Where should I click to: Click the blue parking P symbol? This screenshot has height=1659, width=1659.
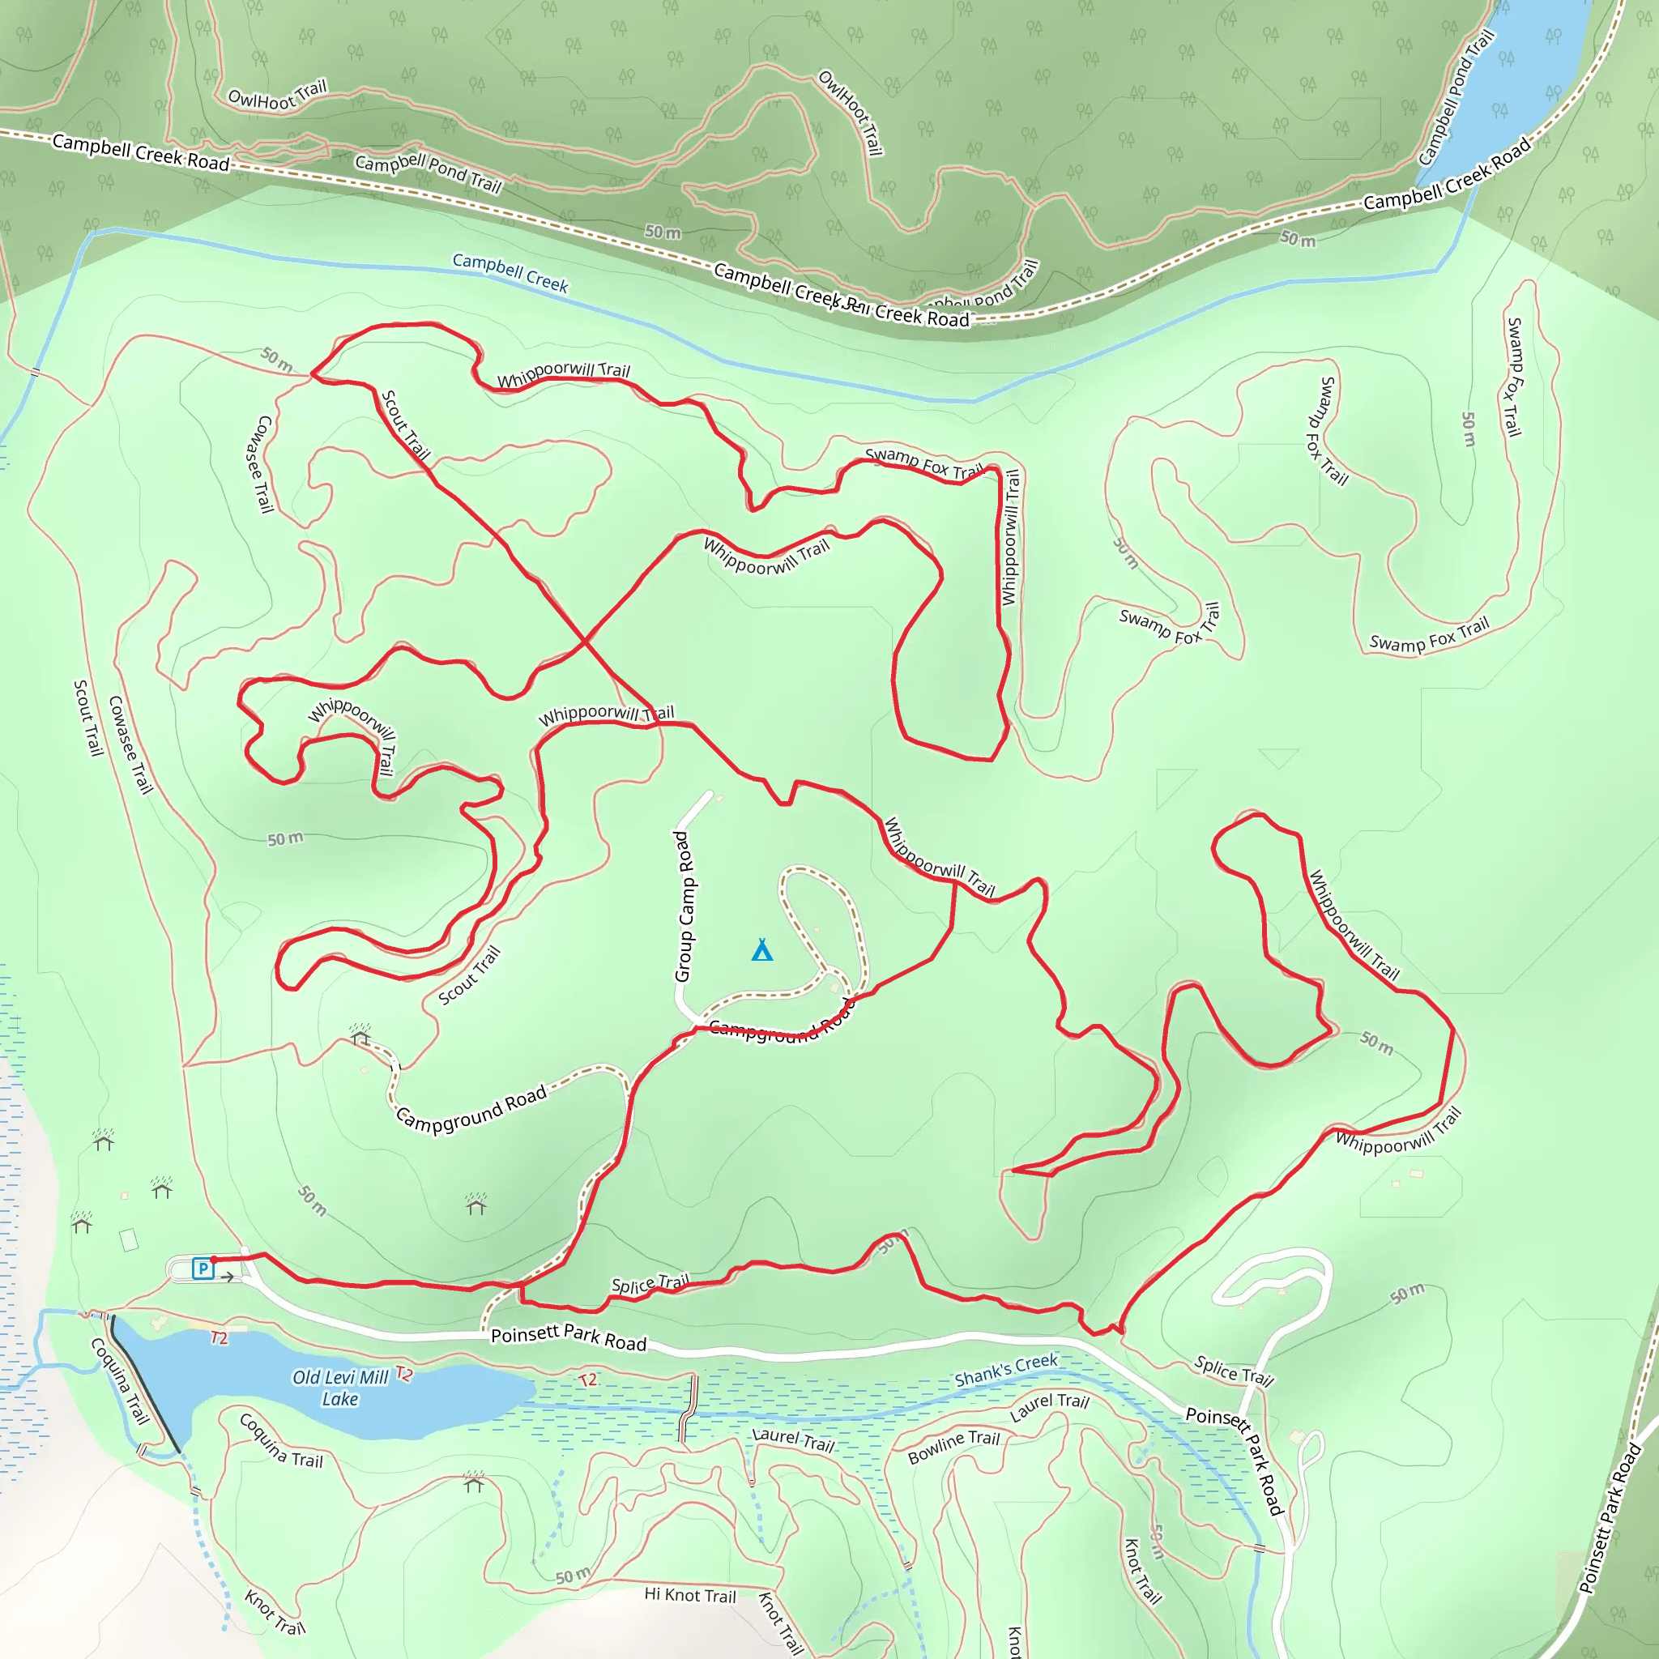coord(203,1269)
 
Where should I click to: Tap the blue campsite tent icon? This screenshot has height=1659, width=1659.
coord(761,949)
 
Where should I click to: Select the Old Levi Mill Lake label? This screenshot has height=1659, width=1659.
coord(341,1388)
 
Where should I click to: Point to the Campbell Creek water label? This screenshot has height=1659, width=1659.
coord(510,272)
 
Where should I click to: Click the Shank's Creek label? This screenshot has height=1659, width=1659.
coord(1006,1371)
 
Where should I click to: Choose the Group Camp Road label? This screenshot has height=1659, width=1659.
coord(684,906)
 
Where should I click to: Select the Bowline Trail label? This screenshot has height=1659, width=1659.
coord(954,1446)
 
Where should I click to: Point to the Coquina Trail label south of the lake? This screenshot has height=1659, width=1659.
coord(281,1441)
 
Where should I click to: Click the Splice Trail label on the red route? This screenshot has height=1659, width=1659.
coord(650,1285)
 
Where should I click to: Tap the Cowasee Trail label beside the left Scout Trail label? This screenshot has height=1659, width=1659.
coord(130,744)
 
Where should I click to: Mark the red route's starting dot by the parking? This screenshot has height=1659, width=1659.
coord(214,1260)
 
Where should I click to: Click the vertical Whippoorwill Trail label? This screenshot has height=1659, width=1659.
coord(1010,537)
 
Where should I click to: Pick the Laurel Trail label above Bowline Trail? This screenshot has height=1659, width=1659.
coord(1048,1406)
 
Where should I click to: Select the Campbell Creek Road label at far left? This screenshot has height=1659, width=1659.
coord(141,152)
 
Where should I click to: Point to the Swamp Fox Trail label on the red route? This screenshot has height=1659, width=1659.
coord(924,463)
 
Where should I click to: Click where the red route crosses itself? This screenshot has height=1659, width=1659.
coord(585,642)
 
